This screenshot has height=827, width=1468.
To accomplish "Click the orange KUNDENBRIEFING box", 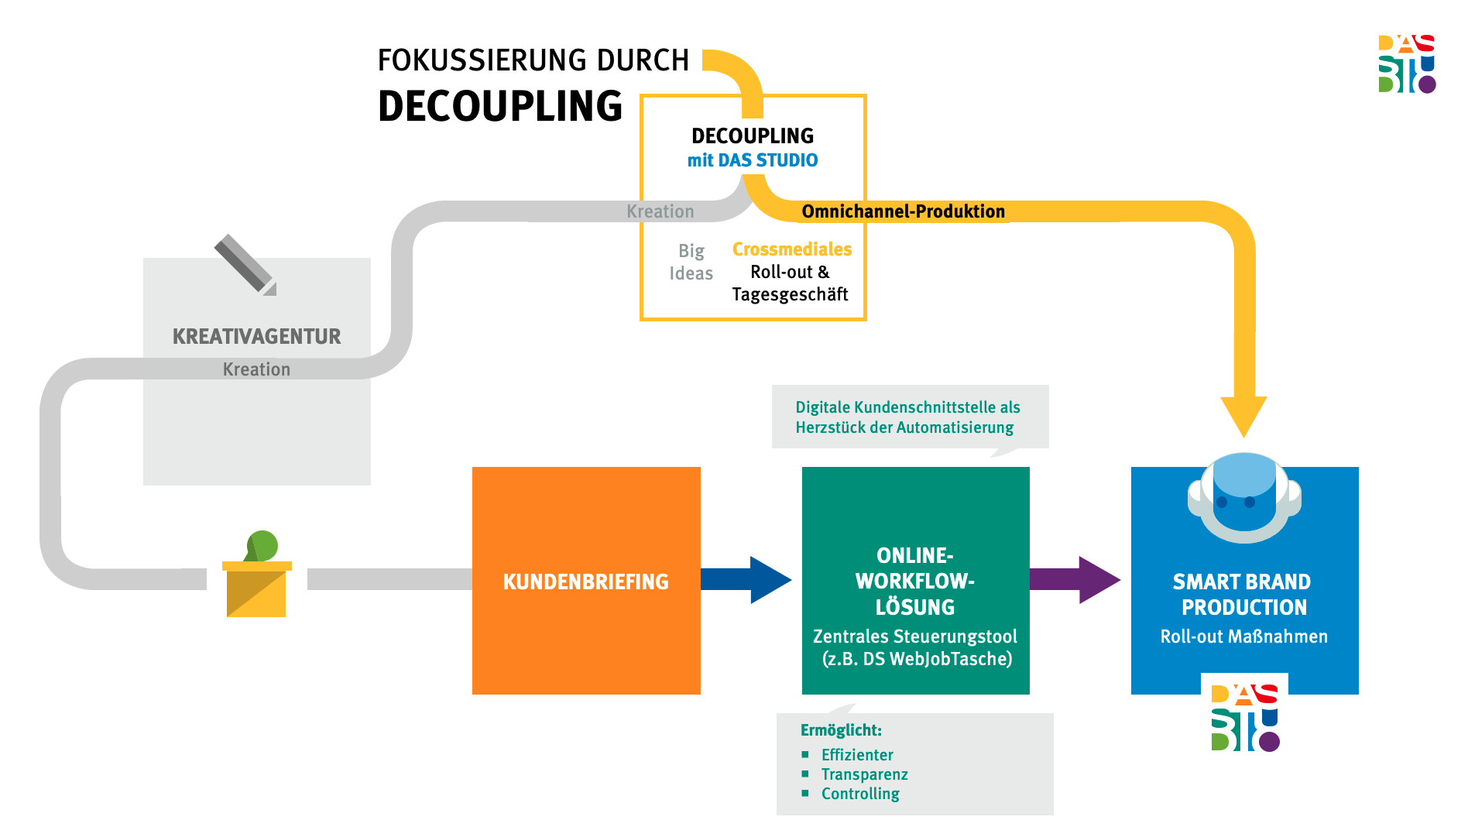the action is [x=586, y=581].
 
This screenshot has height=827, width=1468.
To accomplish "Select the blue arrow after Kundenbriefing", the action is [x=746, y=580].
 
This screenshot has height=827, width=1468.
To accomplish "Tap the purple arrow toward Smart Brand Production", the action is [x=1075, y=580].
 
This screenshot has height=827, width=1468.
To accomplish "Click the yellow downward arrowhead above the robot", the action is [x=1243, y=417].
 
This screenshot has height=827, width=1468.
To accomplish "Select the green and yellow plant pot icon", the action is [x=256, y=574].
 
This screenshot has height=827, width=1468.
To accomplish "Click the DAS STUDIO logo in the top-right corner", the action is [x=1407, y=63].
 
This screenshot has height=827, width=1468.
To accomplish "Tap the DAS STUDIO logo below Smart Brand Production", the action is [x=1245, y=718].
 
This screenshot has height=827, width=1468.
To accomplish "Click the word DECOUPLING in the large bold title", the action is [x=500, y=106].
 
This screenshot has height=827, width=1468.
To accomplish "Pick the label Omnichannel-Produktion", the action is [x=904, y=211].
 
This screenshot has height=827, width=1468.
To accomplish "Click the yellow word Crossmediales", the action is [x=792, y=249].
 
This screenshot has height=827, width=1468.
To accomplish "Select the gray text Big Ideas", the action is [x=691, y=262].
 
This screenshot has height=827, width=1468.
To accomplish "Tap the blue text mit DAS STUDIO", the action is [x=753, y=160].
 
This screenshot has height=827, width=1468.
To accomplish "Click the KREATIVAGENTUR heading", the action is [x=257, y=336].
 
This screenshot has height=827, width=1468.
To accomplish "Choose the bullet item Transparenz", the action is [x=865, y=774].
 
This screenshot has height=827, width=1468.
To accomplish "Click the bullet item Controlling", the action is [x=860, y=794].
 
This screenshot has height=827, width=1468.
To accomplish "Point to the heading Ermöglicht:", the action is [x=841, y=730].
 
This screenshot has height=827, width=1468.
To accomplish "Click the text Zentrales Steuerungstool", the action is [x=915, y=637].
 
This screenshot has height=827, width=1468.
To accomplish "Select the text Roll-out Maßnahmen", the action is [x=1244, y=637].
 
